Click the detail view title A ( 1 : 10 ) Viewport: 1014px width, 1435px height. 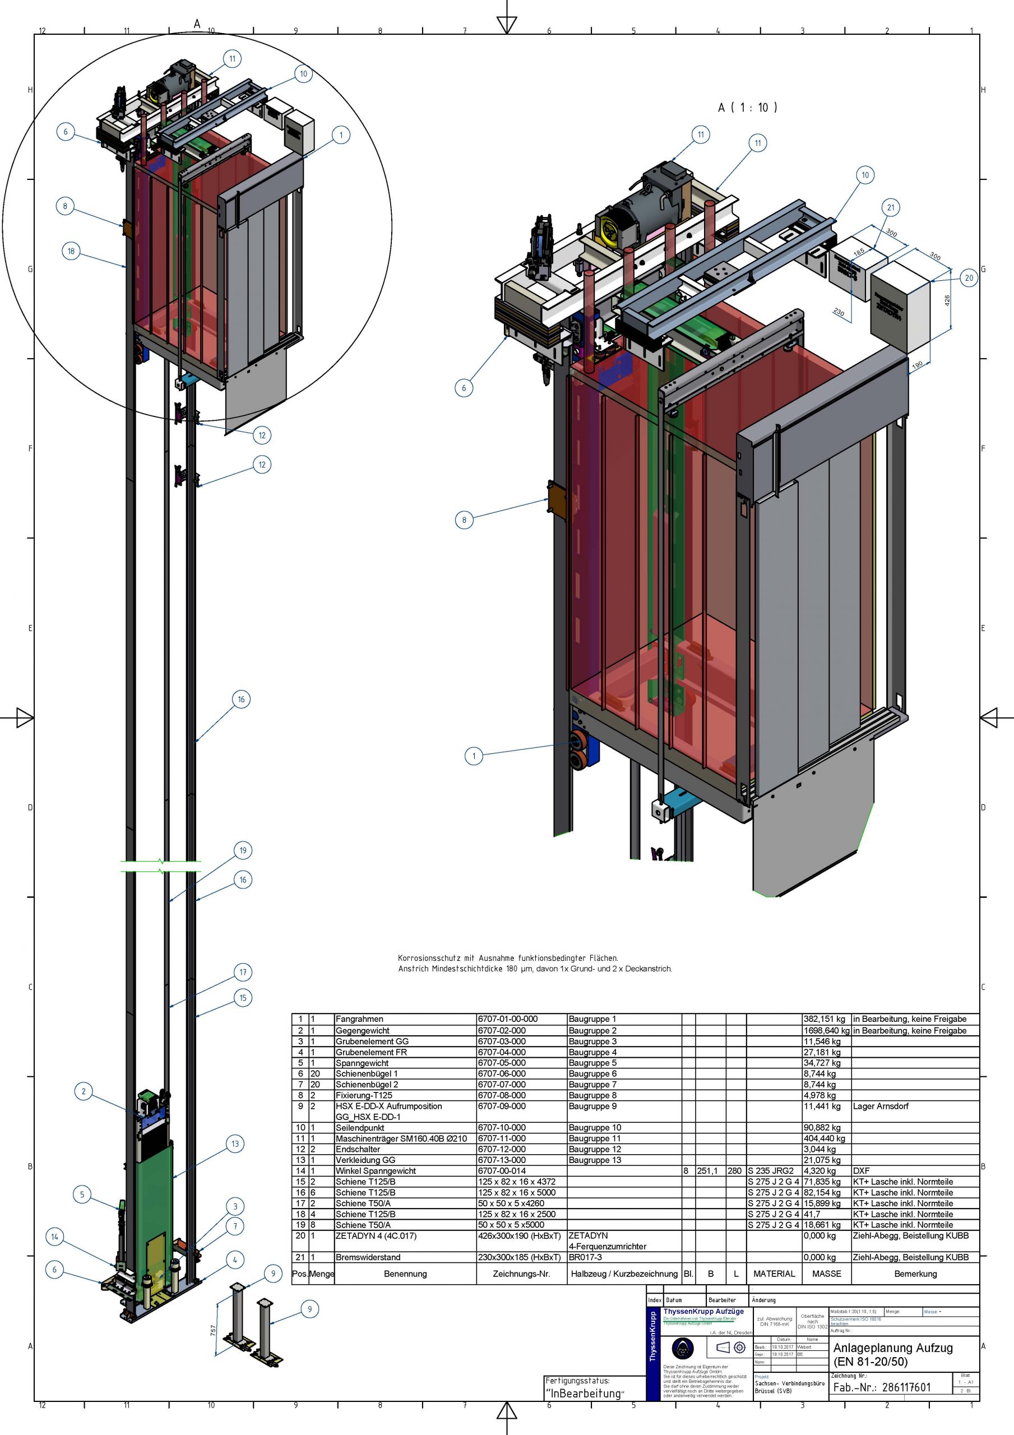coord(747,108)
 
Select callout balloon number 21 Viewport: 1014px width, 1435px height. coord(890,207)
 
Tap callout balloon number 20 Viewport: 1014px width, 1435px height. coord(969,278)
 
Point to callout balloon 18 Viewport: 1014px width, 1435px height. coord(71,251)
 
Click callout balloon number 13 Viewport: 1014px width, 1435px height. coord(235,1144)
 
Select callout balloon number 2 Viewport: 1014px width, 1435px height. coord(84,1091)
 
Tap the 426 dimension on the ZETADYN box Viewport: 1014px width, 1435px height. coord(947,300)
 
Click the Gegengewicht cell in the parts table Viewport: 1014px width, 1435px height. coord(363,1031)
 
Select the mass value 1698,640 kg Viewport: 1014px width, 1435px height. coord(826,1031)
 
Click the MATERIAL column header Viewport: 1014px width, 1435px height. coord(774,1274)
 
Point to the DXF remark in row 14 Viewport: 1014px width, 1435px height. coord(862,1170)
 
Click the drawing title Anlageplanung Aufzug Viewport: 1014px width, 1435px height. coord(893,1348)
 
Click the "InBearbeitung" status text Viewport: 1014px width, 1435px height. coord(584,1393)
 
